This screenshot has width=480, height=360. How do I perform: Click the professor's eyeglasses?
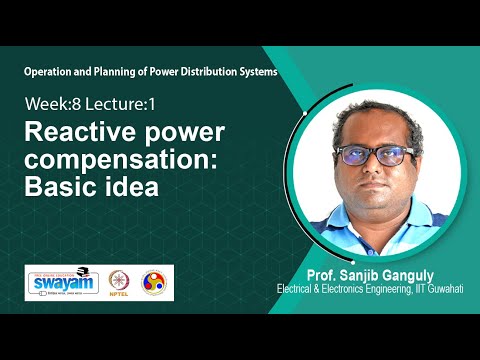372,156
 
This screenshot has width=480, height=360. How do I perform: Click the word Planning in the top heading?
117,73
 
